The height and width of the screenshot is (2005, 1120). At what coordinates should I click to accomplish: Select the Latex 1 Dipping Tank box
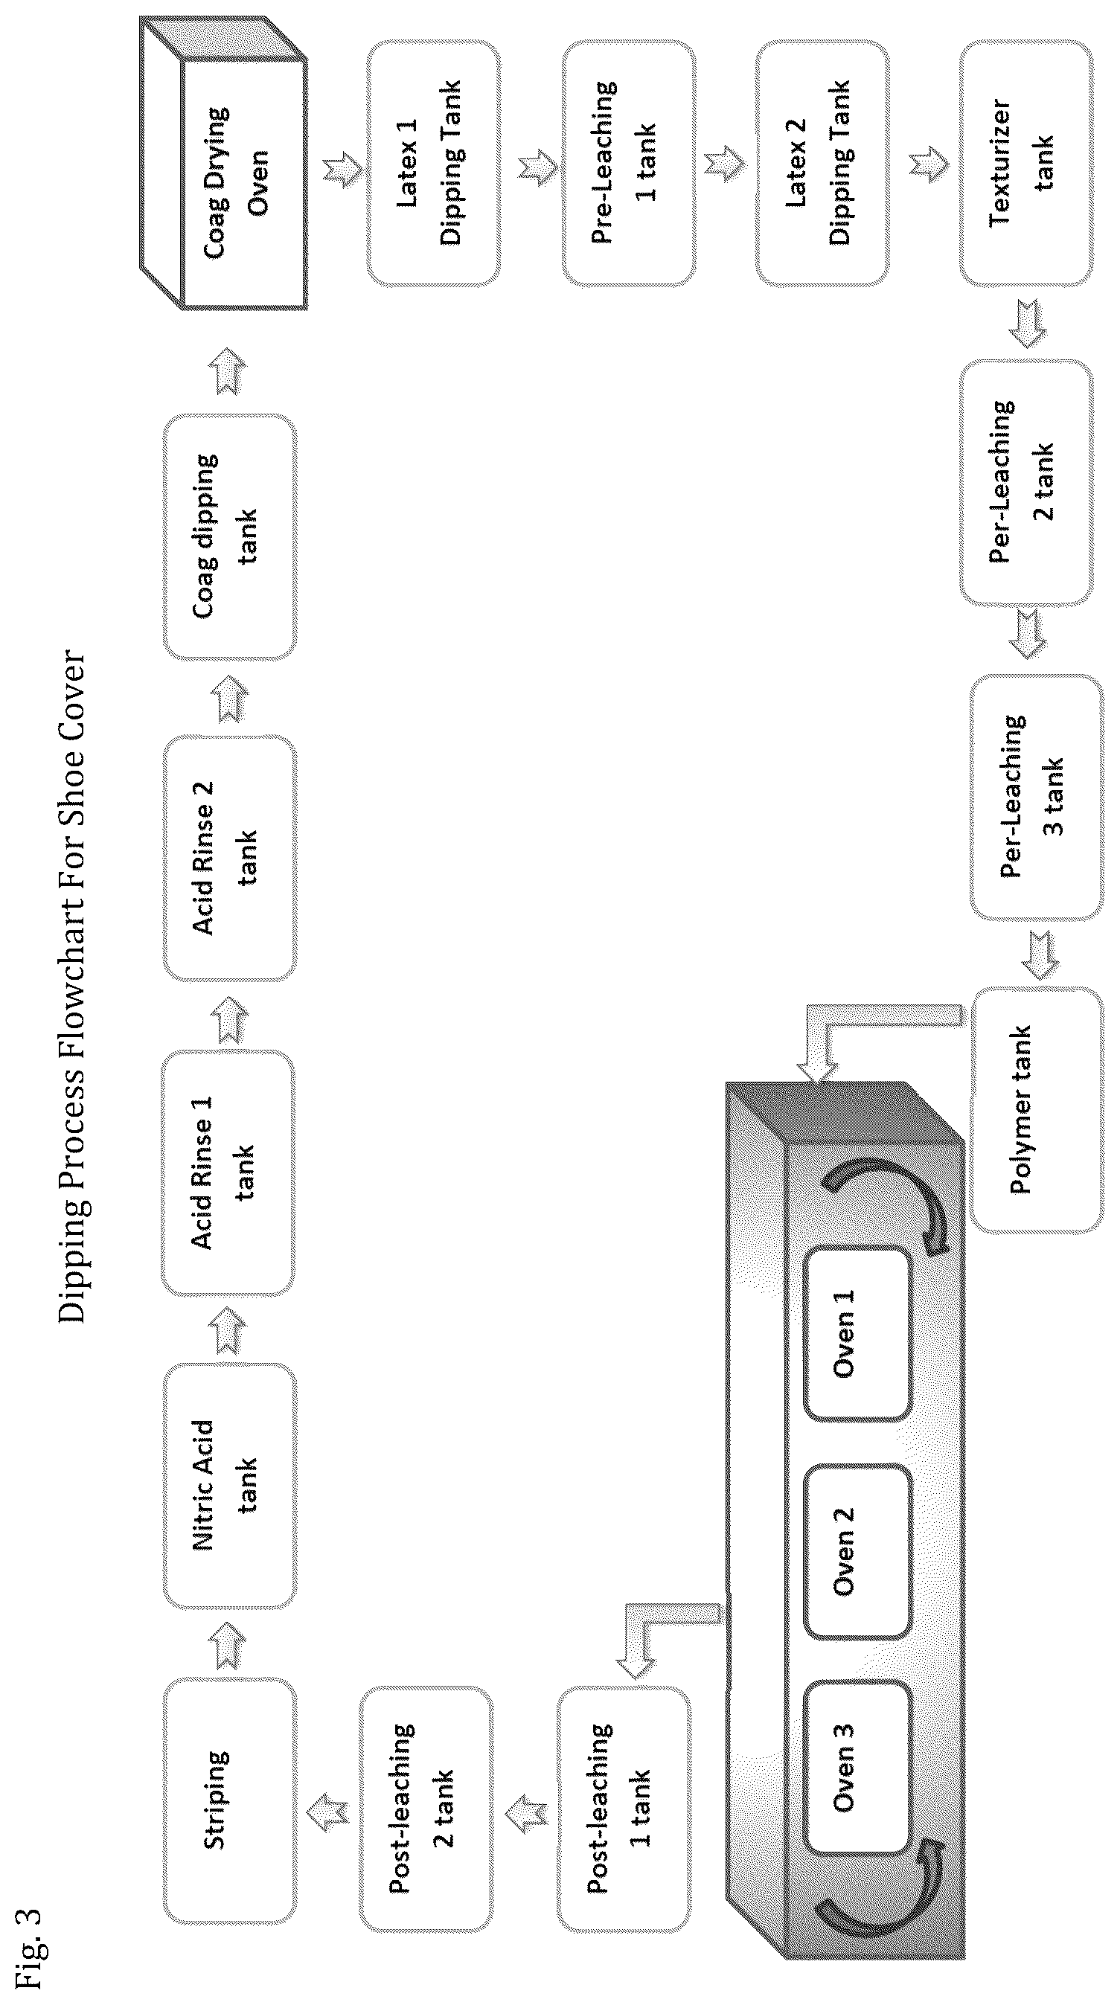[433, 164]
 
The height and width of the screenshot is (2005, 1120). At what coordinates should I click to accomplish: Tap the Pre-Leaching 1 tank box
[628, 164]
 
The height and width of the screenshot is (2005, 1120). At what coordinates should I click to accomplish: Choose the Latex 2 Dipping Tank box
[821, 164]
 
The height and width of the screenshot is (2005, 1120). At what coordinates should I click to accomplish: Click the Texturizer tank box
[1025, 164]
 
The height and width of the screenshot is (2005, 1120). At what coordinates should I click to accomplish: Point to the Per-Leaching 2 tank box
[1025, 483]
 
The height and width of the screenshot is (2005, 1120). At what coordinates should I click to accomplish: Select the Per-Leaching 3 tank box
[1036, 797]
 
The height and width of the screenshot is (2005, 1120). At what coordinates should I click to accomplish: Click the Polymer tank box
[1036, 1110]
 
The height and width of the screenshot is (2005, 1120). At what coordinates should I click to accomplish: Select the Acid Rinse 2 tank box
[230, 858]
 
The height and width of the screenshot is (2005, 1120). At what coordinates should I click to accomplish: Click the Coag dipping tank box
[230, 537]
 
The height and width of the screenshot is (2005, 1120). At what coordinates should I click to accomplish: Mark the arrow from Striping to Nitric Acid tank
[231, 1644]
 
